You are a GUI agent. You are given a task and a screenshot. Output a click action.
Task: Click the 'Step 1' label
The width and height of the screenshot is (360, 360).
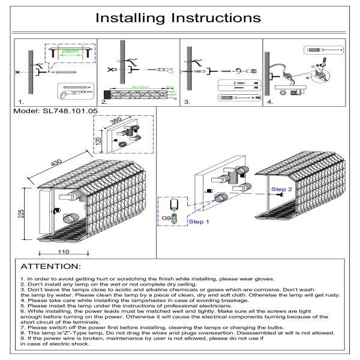(x=199, y=221)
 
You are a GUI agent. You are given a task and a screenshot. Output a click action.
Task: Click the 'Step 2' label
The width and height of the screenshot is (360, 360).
(x=281, y=189)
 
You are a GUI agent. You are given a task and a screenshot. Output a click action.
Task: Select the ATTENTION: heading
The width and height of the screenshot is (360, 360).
(x=50, y=266)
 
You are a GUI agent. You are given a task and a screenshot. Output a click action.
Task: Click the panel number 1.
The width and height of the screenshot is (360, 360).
(x=22, y=103)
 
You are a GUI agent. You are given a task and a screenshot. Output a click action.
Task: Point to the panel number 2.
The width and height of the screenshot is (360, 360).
(x=104, y=103)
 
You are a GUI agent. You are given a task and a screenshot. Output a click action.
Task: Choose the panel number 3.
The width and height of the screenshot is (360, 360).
(x=187, y=103)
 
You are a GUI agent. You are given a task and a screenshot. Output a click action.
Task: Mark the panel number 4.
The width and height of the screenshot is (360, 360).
(x=270, y=103)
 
